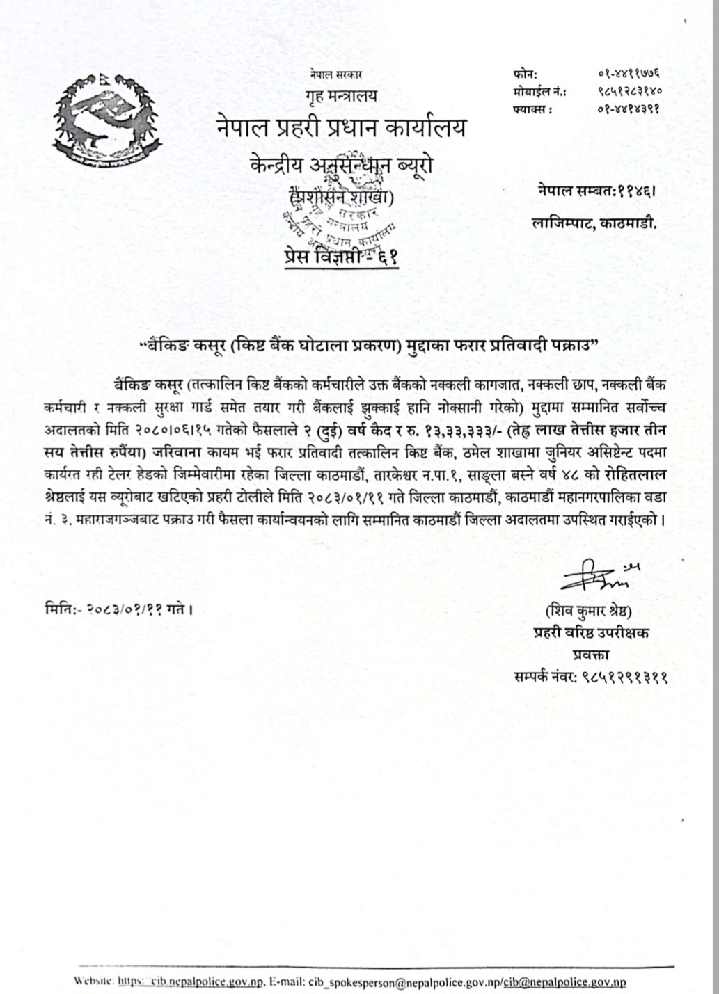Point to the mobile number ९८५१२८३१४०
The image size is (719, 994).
[629, 90]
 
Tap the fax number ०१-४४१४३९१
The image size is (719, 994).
[629, 109]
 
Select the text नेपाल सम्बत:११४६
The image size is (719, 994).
[595, 189]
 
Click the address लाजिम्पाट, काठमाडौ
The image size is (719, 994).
[594, 223]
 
